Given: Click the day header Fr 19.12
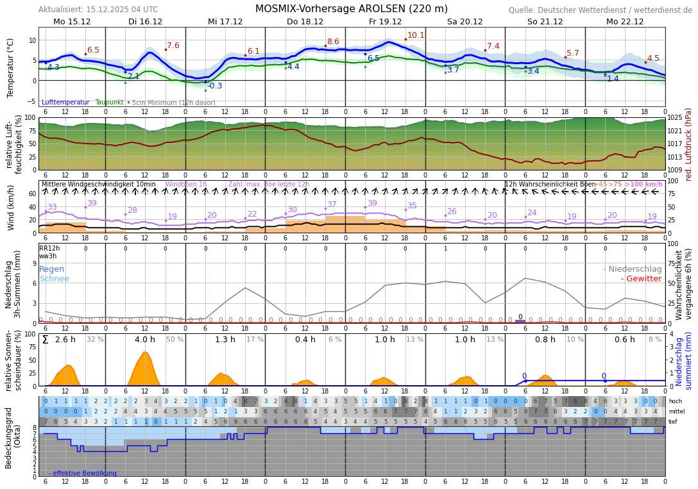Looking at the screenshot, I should coord(385,22).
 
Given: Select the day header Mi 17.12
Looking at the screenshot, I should coord(225,22).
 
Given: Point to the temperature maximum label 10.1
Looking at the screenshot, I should coord(416,35).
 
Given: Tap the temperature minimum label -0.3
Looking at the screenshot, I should coord(214,86).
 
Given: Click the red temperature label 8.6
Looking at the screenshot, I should coord(333,42).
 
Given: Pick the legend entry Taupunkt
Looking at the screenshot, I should coord(109,103).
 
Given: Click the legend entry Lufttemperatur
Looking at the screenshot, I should coord(65,103).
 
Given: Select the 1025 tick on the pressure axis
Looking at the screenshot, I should coord(675,119).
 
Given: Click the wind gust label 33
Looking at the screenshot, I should coord(52,207).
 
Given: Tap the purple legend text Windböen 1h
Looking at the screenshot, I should coord(186,185).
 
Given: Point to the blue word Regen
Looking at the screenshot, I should coord(52,269).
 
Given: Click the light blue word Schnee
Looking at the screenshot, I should coord(54,279).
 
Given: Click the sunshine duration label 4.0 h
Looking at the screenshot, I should coord(145,340).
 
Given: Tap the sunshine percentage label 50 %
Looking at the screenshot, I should coord(174,340).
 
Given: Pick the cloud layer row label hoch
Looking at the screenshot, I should coord(675,401).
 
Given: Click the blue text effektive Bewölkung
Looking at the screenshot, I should coord(83,474).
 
